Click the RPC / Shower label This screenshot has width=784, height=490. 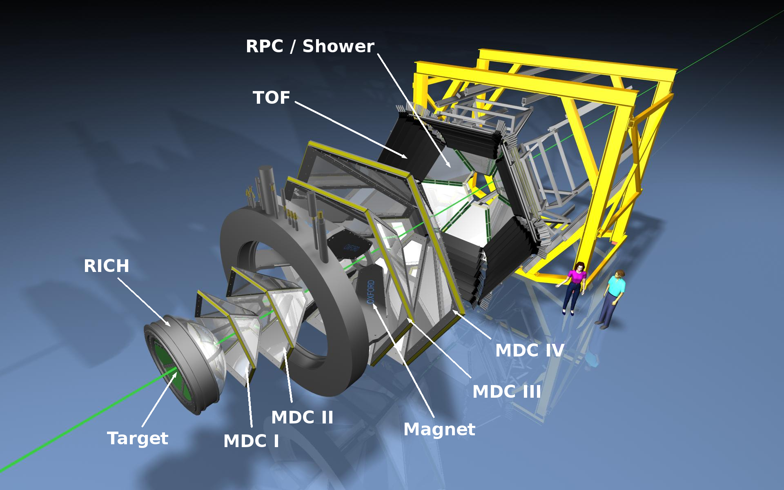pos(310,47)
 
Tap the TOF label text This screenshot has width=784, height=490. pos(272,98)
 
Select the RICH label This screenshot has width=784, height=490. pos(107,266)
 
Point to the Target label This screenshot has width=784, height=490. pos(138,439)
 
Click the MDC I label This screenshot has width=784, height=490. pos(251,441)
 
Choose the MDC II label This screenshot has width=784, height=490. pos(302,417)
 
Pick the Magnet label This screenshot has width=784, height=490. pos(439,430)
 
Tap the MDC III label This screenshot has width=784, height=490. pos(507,392)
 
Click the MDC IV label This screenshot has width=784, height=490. pos(530,350)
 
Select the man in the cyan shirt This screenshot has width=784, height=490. pos(611,298)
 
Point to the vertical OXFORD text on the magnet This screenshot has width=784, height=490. pos(371,292)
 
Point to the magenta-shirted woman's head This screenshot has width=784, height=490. pos(579,267)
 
